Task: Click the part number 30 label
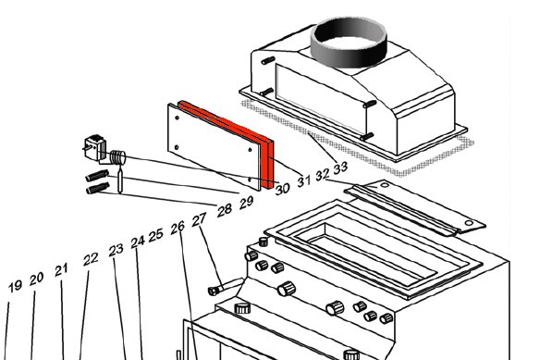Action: click(282, 188)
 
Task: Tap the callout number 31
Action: click(303, 180)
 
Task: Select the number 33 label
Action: click(340, 168)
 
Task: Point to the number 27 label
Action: click(199, 219)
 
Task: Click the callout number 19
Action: click(15, 287)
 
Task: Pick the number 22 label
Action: click(91, 259)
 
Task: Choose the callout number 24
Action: click(138, 242)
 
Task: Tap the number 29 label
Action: click(246, 203)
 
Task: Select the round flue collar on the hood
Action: click(349, 43)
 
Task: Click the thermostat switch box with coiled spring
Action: click(104, 151)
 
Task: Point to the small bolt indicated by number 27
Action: click(216, 291)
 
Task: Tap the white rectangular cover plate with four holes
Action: click(214, 146)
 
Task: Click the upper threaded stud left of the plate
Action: click(97, 176)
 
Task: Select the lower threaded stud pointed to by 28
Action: click(98, 188)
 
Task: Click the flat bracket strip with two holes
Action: click(415, 207)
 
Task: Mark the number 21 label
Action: click(61, 270)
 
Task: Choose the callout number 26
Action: click(178, 228)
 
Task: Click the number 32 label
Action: click(323, 175)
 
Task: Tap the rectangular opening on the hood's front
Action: click(321, 99)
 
